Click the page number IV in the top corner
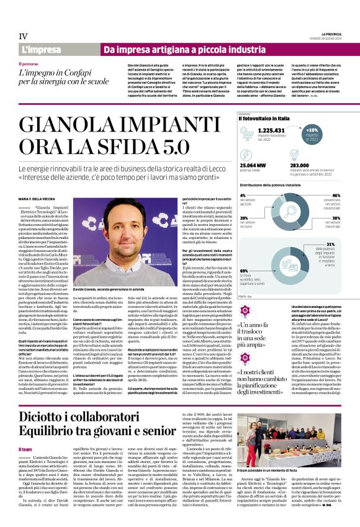point(23,36)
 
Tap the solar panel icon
point(248,133)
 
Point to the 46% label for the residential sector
point(336,195)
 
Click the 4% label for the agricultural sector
point(243,195)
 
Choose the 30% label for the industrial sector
point(336,218)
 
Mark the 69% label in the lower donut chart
point(243,271)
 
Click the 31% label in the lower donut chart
point(330,245)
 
